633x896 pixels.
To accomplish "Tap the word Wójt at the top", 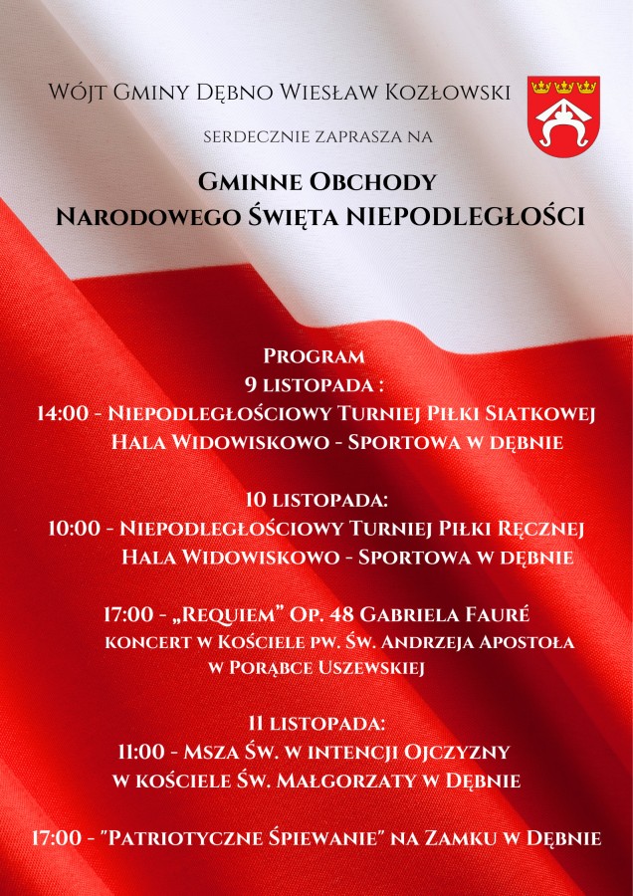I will (73, 93).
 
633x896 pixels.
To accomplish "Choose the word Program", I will (315, 355).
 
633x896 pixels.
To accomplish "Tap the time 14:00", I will (62, 412).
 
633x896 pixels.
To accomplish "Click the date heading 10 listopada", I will (316, 499).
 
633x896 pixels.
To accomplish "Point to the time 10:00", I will (74, 528).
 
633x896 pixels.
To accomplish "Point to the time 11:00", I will (145, 751).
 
